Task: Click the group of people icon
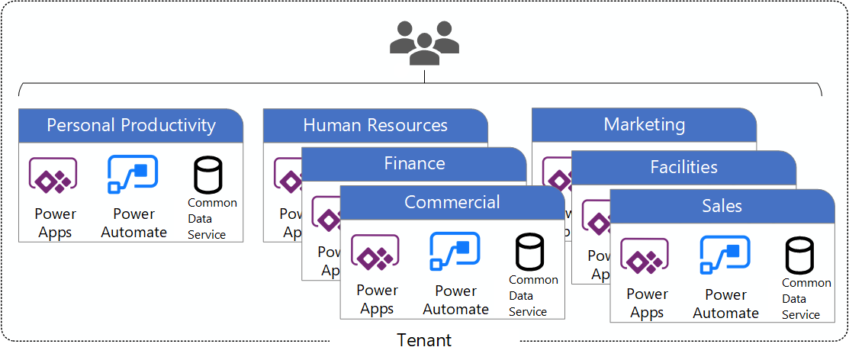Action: tap(424, 43)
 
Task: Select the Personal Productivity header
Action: tap(131, 125)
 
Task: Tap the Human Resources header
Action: tap(375, 125)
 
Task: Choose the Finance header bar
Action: tap(414, 163)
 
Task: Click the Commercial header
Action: tap(452, 202)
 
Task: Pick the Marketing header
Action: tap(645, 124)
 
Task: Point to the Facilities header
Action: tap(683, 167)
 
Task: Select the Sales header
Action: tap(722, 206)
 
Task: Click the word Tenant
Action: tap(424, 340)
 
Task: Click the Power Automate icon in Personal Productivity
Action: tap(133, 176)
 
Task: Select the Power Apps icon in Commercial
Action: tap(375, 254)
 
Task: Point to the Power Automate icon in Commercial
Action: tap(455, 252)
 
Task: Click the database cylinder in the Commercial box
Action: tap(529, 252)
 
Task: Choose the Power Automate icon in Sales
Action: tap(725, 256)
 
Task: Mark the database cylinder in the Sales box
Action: tap(799, 256)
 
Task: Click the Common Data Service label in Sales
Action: tap(806, 298)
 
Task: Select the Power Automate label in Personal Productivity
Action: tap(133, 223)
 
